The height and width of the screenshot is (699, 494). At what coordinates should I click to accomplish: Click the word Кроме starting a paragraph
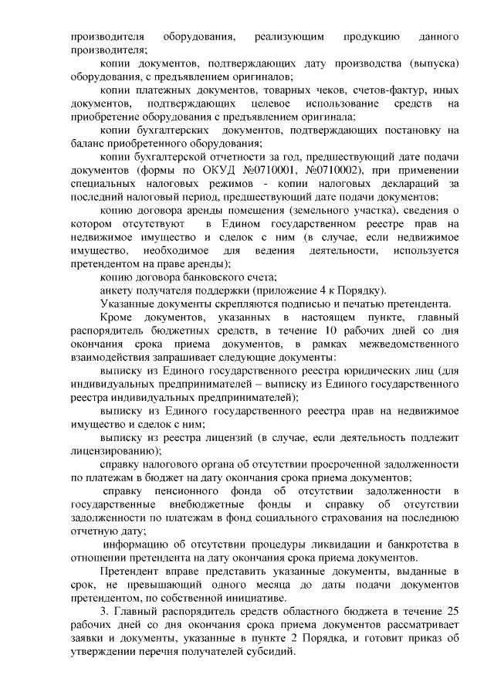click(x=117, y=318)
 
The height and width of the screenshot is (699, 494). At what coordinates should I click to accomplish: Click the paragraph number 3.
click(x=104, y=611)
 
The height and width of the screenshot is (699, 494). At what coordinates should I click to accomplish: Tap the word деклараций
click(x=408, y=183)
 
